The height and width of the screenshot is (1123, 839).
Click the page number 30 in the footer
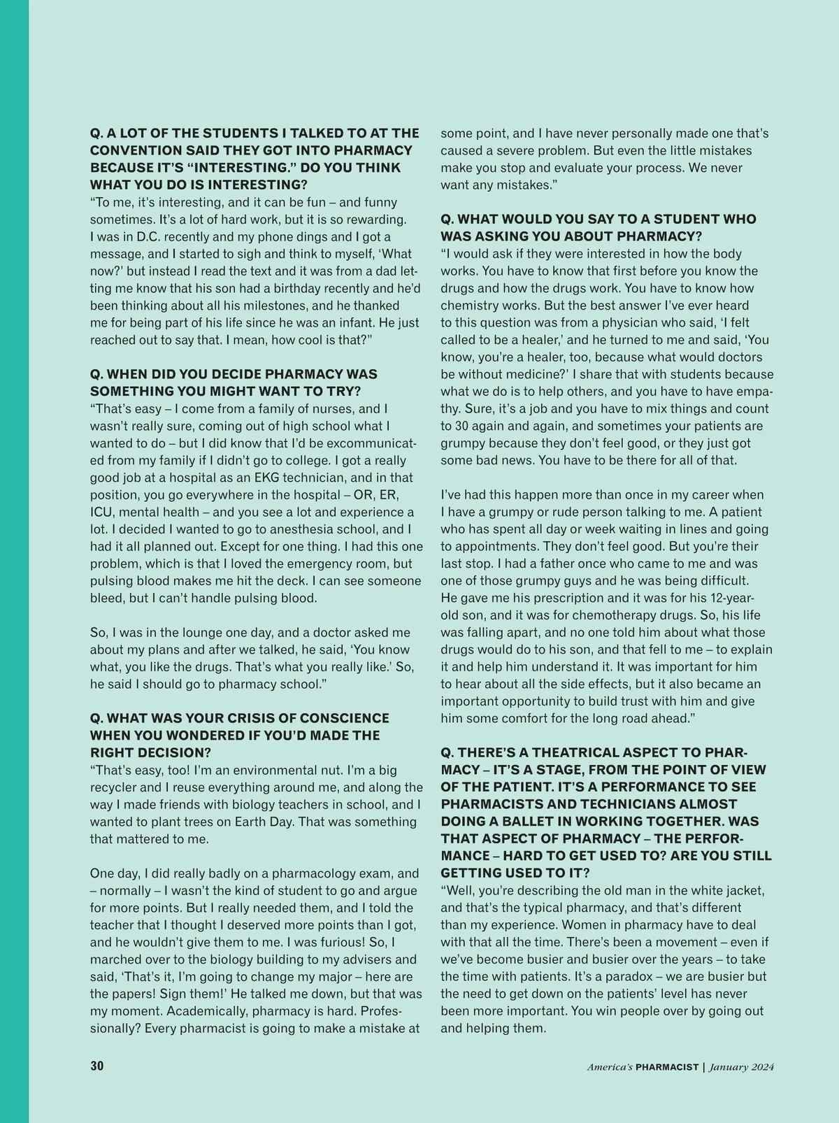[96, 1066]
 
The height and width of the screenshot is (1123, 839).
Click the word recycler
[115, 787]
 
